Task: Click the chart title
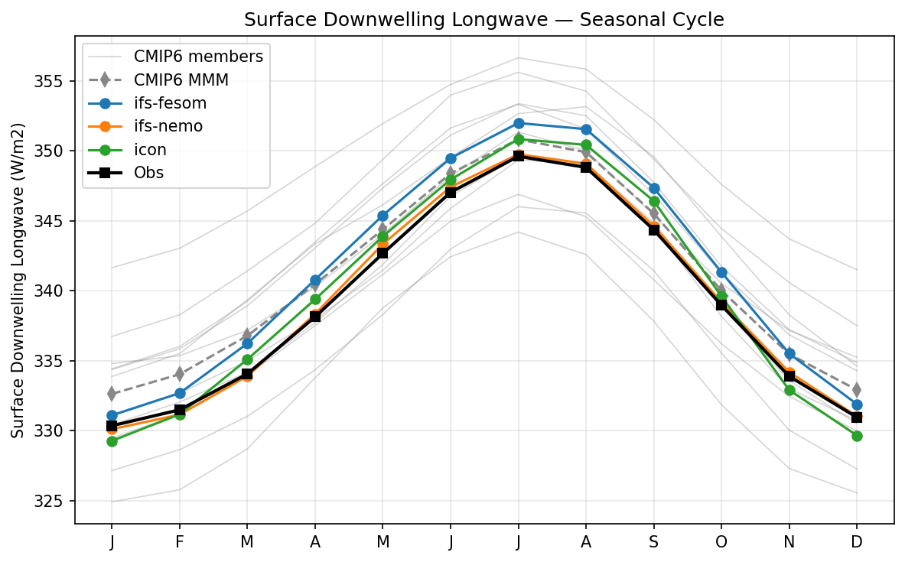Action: [x=484, y=21]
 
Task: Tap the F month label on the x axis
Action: [x=179, y=542]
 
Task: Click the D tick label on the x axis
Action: [x=857, y=542]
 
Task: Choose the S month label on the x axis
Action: [x=653, y=542]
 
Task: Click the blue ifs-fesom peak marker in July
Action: [x=518, y=123]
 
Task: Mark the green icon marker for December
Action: [x=857, y=436]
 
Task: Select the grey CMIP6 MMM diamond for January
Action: [x=112, y=394]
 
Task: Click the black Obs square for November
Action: [x=789, y=376]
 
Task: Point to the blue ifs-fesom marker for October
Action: [x=721, y=272]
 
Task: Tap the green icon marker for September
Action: [x=653, y=202]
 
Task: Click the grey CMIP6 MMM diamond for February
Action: [x=179, y=374]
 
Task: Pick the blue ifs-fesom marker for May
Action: [x=383, y=216]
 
